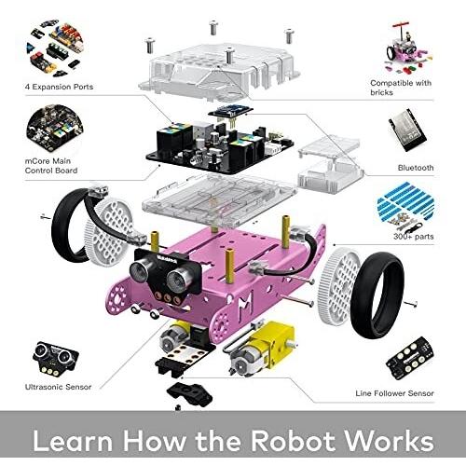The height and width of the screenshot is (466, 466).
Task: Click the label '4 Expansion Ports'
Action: tap(59, 87)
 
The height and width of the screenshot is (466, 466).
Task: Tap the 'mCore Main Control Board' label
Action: tap(51, 166)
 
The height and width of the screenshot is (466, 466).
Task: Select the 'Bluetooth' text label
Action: tap(416, 168)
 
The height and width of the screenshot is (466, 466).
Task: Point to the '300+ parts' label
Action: tap(414, 237)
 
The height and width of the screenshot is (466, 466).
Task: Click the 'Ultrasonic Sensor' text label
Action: tap(58, 387)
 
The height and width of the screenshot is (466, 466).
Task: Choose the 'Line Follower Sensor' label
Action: tap(394, 393)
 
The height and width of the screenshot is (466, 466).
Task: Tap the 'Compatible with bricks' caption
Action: tap(401, 88)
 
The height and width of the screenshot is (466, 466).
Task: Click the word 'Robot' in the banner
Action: tap(295, 441)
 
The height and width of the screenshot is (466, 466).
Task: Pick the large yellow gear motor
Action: tap(261, 348)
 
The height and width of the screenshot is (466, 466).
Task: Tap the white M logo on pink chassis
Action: tap(245, 306)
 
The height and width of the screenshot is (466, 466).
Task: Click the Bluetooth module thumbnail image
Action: tap(407, 130)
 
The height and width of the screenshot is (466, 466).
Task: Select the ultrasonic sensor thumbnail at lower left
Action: tap(55, 357)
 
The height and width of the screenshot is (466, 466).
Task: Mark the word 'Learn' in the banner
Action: tap(73, 441)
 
